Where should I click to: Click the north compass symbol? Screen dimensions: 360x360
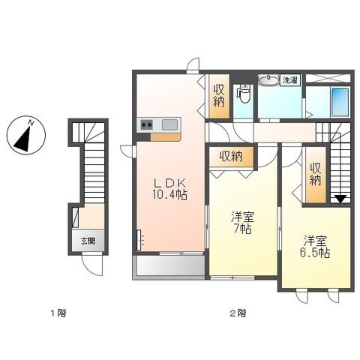click(x=26, y=135)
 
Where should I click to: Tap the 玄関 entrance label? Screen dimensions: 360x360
click(x=88, y=241)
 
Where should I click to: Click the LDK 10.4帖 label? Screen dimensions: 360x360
click(x=170, y=189)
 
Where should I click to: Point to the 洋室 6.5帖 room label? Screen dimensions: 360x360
click(x=315, y=247)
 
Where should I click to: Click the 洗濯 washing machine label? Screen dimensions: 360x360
click(x=290, y=80)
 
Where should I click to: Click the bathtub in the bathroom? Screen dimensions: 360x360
click(x=340, y=102)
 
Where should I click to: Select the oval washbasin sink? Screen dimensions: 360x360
click(x=268, y=80)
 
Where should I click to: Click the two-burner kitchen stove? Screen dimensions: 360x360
click(x=146, y=124)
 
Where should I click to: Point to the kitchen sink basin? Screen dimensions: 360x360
click(x=169, y=124)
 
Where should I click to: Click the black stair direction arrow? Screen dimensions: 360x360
click(x=340, y=199)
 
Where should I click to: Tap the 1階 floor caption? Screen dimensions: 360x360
click(x=58, y=313)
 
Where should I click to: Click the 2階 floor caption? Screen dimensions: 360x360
click(x=238, y=313)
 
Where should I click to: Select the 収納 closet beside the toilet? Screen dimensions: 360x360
click(x=219, y=96)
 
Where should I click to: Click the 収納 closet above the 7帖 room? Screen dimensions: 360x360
click(x=231, y=157)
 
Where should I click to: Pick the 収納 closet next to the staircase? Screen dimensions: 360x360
click(x=316, y=175)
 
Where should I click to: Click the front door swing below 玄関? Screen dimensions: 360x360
click(x=92, y=265)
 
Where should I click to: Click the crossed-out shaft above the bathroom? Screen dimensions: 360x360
click(x=328, y=78)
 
